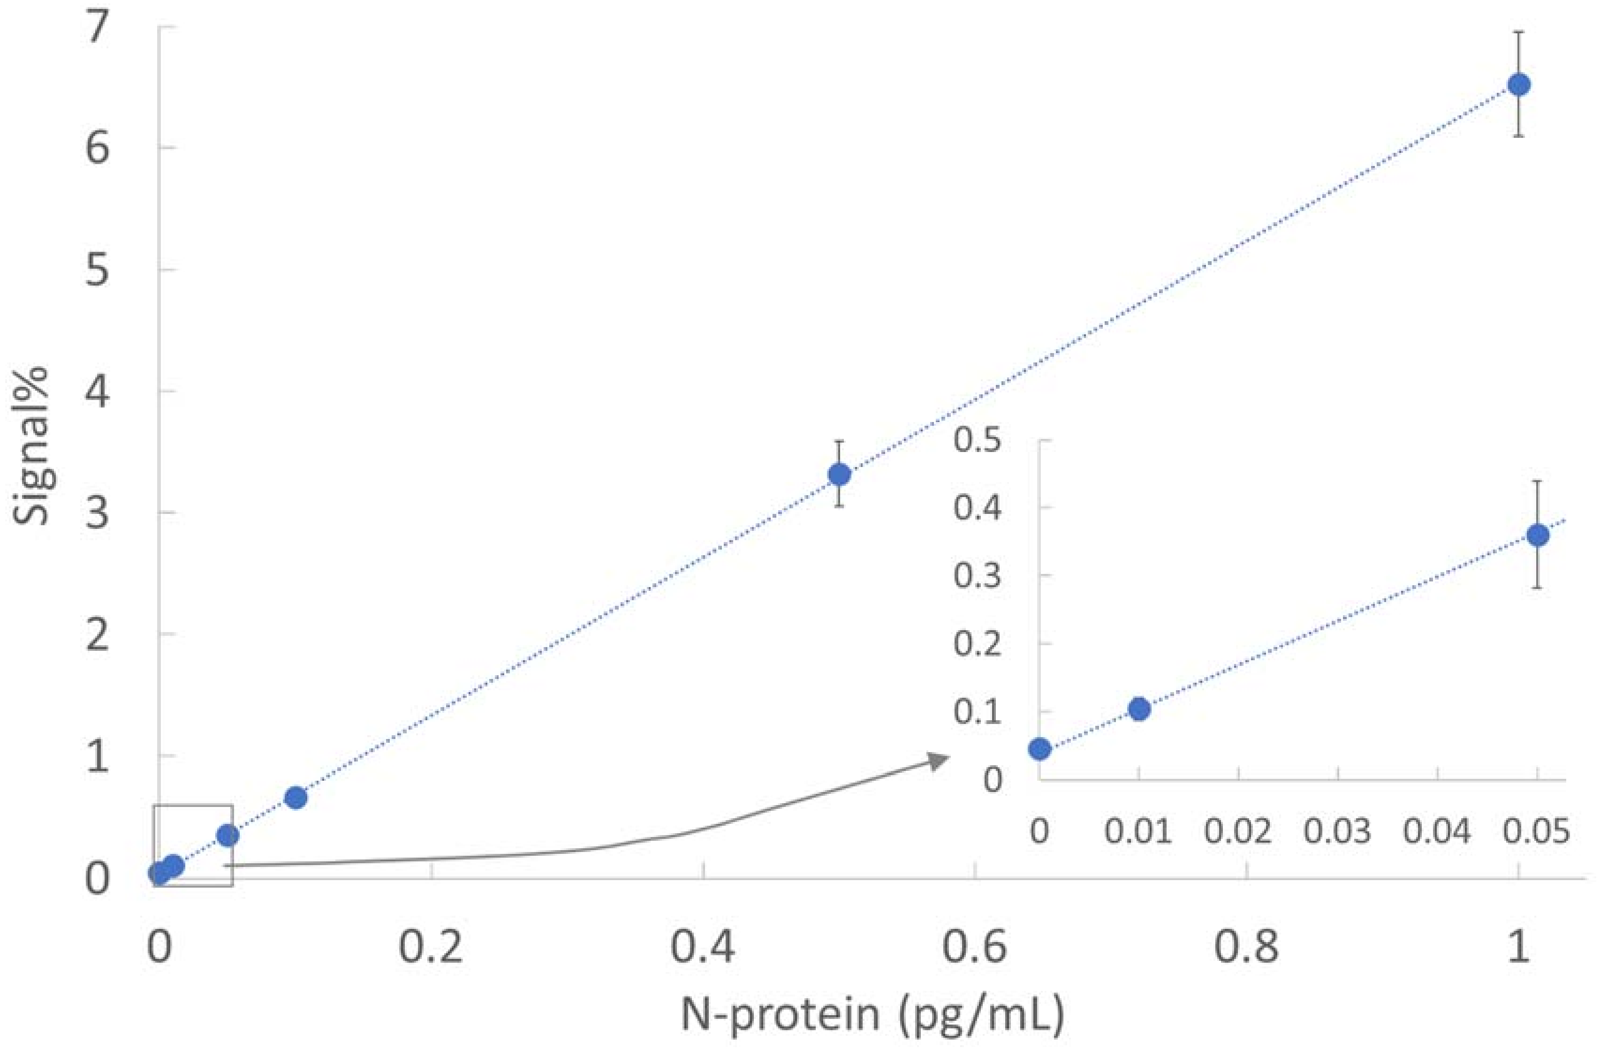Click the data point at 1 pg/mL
[x=1519, y=85]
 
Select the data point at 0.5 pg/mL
[x=839, y=474]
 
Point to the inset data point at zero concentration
[x=1039, y=748]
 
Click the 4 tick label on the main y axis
[x=98, y=392]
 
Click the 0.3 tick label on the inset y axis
[x=977, y=577]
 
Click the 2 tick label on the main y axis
[x=98, y=634]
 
